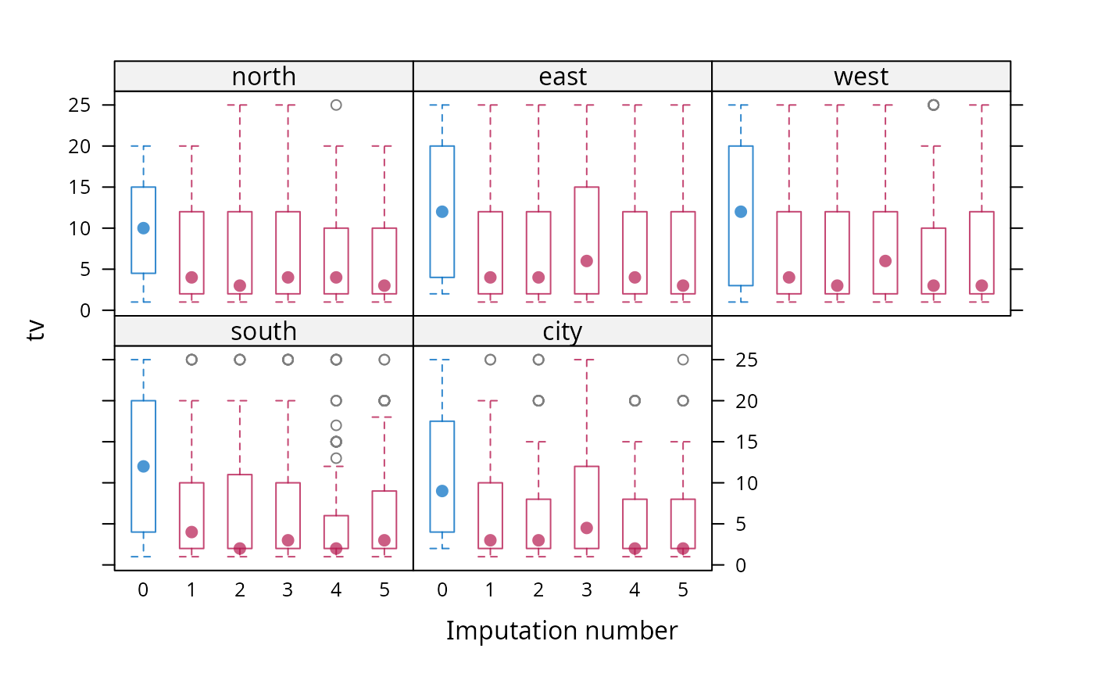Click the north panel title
click(264, 77)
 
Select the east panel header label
click(563, 77)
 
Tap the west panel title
click(861, 77)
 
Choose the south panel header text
click(264, 331)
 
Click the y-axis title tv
click(36, 330)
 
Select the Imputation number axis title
click(562, 631)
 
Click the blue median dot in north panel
click(143, 228)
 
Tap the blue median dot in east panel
click(442, 212)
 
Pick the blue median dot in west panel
click(741, 212)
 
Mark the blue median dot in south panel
click(143, 467)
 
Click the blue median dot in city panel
click(442, 491)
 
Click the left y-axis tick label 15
click(79, 187)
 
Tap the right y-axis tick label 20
click(747, 401)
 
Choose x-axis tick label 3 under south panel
click(288, 590)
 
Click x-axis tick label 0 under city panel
click(442, 590)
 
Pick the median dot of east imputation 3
click(587, 261)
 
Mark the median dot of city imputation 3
click(587, 528)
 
